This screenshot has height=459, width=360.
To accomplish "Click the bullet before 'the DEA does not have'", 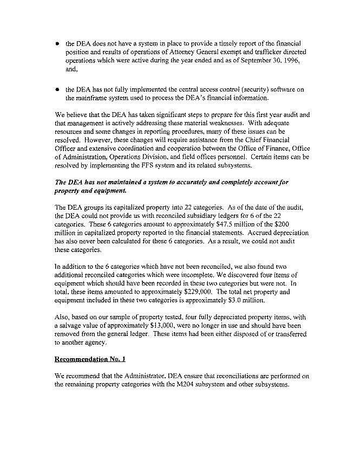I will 57,42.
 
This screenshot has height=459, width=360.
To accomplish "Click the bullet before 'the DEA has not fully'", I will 57,89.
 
